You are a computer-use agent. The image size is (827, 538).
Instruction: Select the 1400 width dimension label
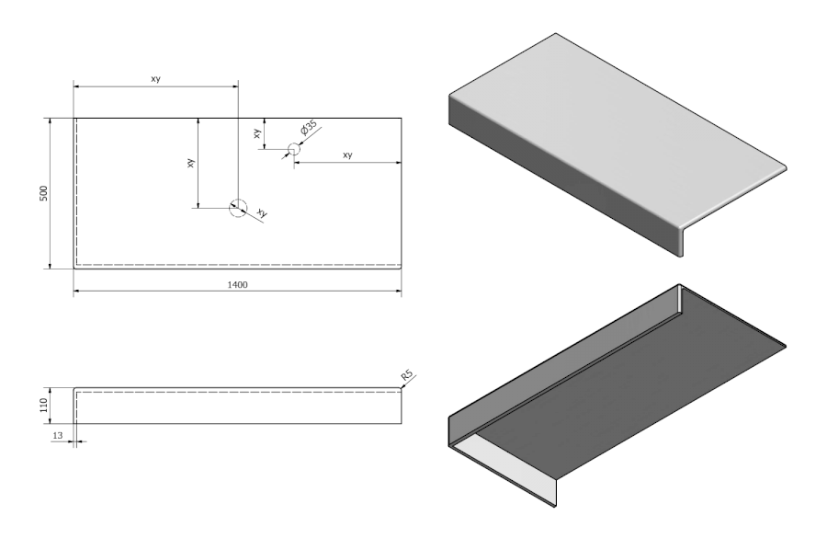(x=237, y=285)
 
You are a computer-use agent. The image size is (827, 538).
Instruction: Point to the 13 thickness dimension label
(x=57, y=435)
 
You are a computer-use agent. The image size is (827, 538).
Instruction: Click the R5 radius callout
(x=407, y=375)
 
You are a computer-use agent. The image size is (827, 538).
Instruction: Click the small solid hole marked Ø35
(x=294, y=149)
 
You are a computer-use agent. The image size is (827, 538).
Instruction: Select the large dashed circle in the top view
(x=238, y=208)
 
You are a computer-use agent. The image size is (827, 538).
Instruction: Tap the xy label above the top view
(x=156, y=80)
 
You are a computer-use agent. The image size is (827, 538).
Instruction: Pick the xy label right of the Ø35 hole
(x=347, y=155)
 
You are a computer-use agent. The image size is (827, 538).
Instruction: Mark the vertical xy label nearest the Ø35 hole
(x=257, y=133)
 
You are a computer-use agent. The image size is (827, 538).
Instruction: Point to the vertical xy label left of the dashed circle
(x=190, y=162)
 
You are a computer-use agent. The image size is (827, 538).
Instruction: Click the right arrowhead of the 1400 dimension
(x=398, y=292)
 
